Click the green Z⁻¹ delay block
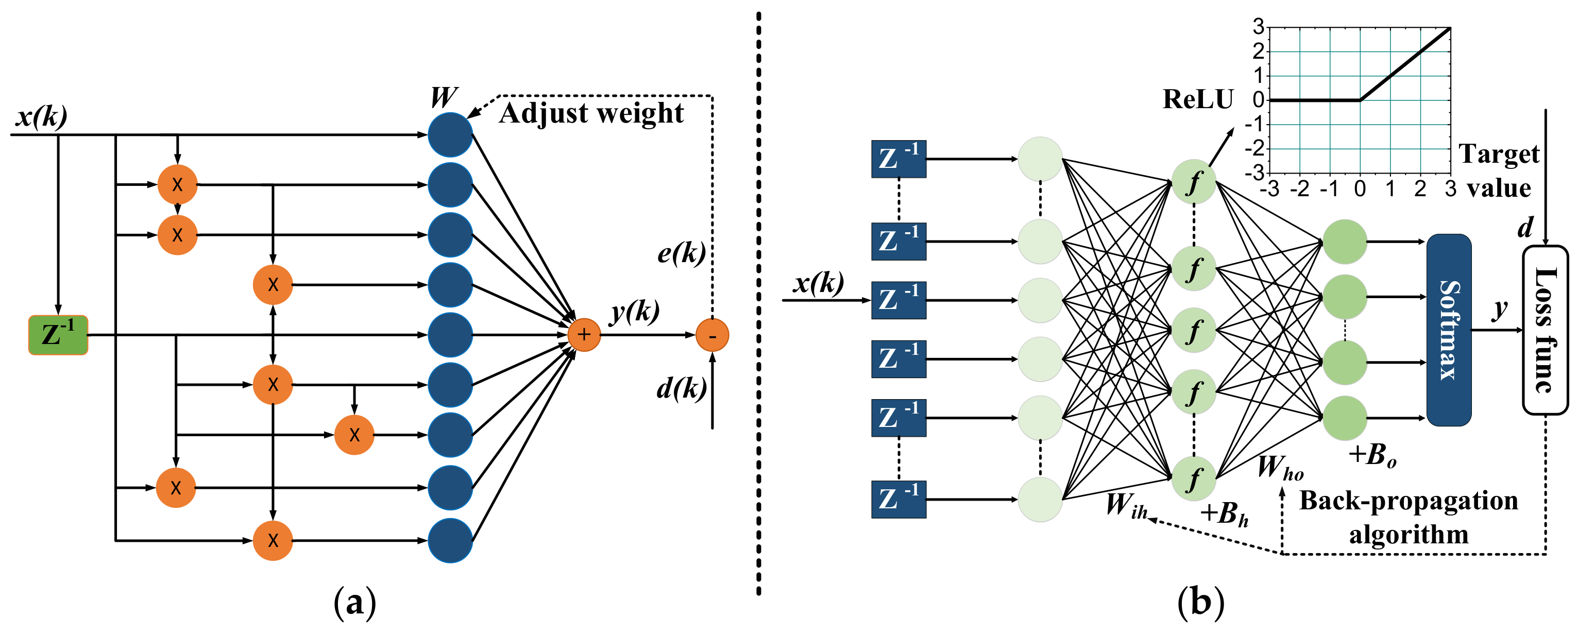point(58,335)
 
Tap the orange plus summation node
point(584,335)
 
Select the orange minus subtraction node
point(712,335)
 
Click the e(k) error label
point(681,252)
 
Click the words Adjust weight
point(591,114)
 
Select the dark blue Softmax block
point(1449,330)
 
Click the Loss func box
point(1545,330)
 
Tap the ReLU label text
point(1198,100)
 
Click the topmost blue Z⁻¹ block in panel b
point(898,159)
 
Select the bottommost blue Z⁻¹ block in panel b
point(898,500)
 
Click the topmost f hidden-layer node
point(1193,182)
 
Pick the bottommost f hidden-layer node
point(1193,479)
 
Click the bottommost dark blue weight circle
point(450,540)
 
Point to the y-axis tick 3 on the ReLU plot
point(1258,27)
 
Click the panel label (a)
point(354,603)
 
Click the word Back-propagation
point(1409,501)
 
